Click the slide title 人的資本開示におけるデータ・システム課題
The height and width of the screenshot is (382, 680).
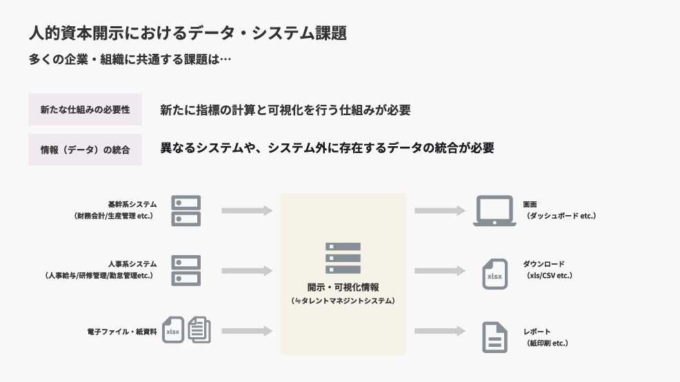click(x=188, y=33)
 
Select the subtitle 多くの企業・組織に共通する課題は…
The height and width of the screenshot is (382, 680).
click(x=130, y=59)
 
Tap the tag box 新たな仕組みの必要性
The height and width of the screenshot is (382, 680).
click(x=85, y=110)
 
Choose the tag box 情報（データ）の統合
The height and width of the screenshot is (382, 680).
click(x=85, y=150)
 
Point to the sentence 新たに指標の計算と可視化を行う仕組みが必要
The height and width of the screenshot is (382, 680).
click(x=285, y=110)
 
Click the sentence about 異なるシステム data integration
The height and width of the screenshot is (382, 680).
click(x=327, y=148)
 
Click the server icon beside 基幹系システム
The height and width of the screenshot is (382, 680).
click(x=186, y=210)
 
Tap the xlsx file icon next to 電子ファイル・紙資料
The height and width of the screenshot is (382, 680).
click(x=173, y=331)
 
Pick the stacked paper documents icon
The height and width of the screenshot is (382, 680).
click(x=199, y=330)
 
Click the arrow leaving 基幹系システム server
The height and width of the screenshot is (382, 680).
click(x=247, y=210)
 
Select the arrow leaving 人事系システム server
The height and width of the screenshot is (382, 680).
click(x=247, y=270)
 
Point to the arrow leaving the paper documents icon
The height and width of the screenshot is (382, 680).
click(x=247, y=331)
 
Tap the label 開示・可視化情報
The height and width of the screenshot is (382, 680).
click(x=343, y=288)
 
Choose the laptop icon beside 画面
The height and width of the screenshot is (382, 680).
click(x=495, y=210)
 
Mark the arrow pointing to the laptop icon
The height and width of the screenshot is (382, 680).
click(x=439, y=210)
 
